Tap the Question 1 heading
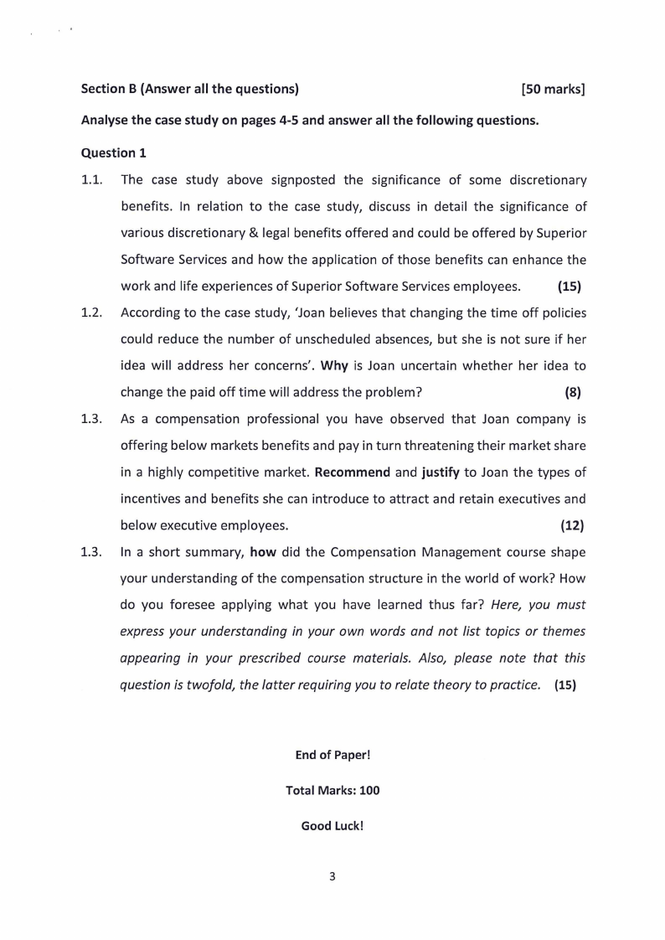point(108,152)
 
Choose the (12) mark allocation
point(571,525)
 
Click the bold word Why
point(334,366)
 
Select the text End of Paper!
point(332,755)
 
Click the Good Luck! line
point(332,825)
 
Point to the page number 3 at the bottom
point(332,877)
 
